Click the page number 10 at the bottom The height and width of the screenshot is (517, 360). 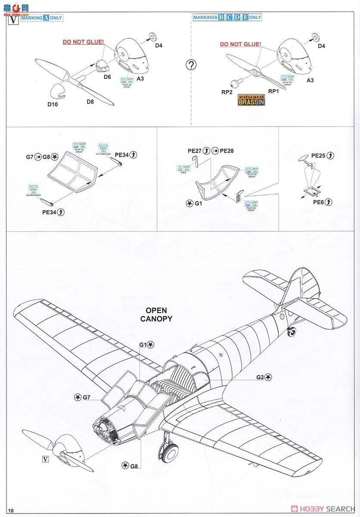pos(11,511)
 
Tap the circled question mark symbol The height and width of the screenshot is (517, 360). pos(191,65)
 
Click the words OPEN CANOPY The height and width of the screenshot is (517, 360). pos(156,315)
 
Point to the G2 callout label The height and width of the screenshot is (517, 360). pos(260,377)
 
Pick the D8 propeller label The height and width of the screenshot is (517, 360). pos(90,102)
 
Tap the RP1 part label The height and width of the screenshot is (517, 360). pos(273,91)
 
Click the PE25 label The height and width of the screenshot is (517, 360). pos(319,155)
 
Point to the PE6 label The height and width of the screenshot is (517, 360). pos(319,202)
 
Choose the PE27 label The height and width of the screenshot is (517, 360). pos(195,150)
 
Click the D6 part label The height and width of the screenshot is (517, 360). pos(107,77)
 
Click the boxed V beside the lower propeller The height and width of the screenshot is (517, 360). pos(45,459)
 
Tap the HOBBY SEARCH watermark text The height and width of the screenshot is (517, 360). pos(327,508)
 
